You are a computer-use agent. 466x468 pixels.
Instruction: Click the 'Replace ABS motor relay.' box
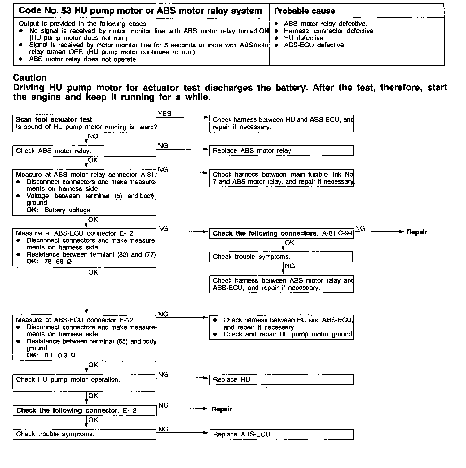click(281, 151)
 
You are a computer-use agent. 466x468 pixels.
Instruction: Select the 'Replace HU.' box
click(281, 380)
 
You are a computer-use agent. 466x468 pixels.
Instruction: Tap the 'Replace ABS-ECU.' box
click(281, 434)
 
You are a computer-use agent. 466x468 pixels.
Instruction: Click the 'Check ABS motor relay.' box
click(84, 151)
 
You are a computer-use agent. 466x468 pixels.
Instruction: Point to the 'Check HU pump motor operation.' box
click(84, 383)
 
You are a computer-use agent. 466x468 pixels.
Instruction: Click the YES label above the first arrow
click(165, 114)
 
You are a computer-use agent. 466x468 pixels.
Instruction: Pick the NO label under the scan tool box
click(93, 136)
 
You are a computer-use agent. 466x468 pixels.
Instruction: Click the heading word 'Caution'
click(30, 78)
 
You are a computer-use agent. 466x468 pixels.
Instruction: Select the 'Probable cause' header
click(305, 11)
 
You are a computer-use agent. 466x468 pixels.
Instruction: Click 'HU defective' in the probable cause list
click(303, 38)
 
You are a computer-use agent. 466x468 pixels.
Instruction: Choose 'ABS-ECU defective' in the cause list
click(314, 45)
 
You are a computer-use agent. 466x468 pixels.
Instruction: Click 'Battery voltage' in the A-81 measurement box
click(67, 210)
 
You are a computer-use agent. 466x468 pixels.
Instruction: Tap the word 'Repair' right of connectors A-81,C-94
click(417, 232)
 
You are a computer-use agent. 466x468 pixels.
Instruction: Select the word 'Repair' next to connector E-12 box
click(222, 409)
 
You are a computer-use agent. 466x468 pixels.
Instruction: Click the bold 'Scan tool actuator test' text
click(54, 120)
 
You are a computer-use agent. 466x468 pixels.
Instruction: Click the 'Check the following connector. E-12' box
click(84, 411)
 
